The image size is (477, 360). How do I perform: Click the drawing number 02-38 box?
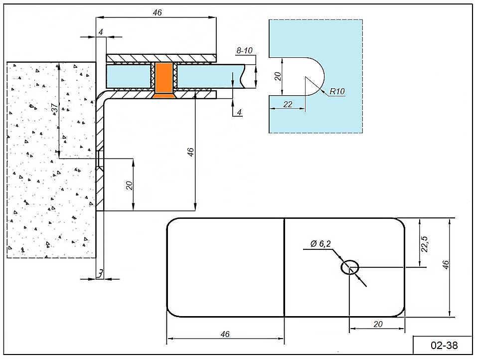click(443, 345)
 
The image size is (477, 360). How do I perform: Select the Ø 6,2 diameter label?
click(320, 244)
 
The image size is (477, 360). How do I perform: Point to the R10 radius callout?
click(337, 91)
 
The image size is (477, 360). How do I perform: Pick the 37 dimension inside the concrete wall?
click(55, 108)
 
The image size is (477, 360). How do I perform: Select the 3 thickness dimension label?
click(100, 273)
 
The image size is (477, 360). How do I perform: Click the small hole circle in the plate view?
click(350, 267)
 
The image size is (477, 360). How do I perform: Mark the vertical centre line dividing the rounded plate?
click(284, 267)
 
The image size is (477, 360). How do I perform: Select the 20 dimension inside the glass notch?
click(278, 76)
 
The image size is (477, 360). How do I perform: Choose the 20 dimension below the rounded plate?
click(377, 324)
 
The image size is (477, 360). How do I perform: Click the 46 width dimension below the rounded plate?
click(225, 334)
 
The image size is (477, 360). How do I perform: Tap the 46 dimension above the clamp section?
click(157, 12)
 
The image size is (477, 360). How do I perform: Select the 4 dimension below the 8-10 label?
click(239, 113)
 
